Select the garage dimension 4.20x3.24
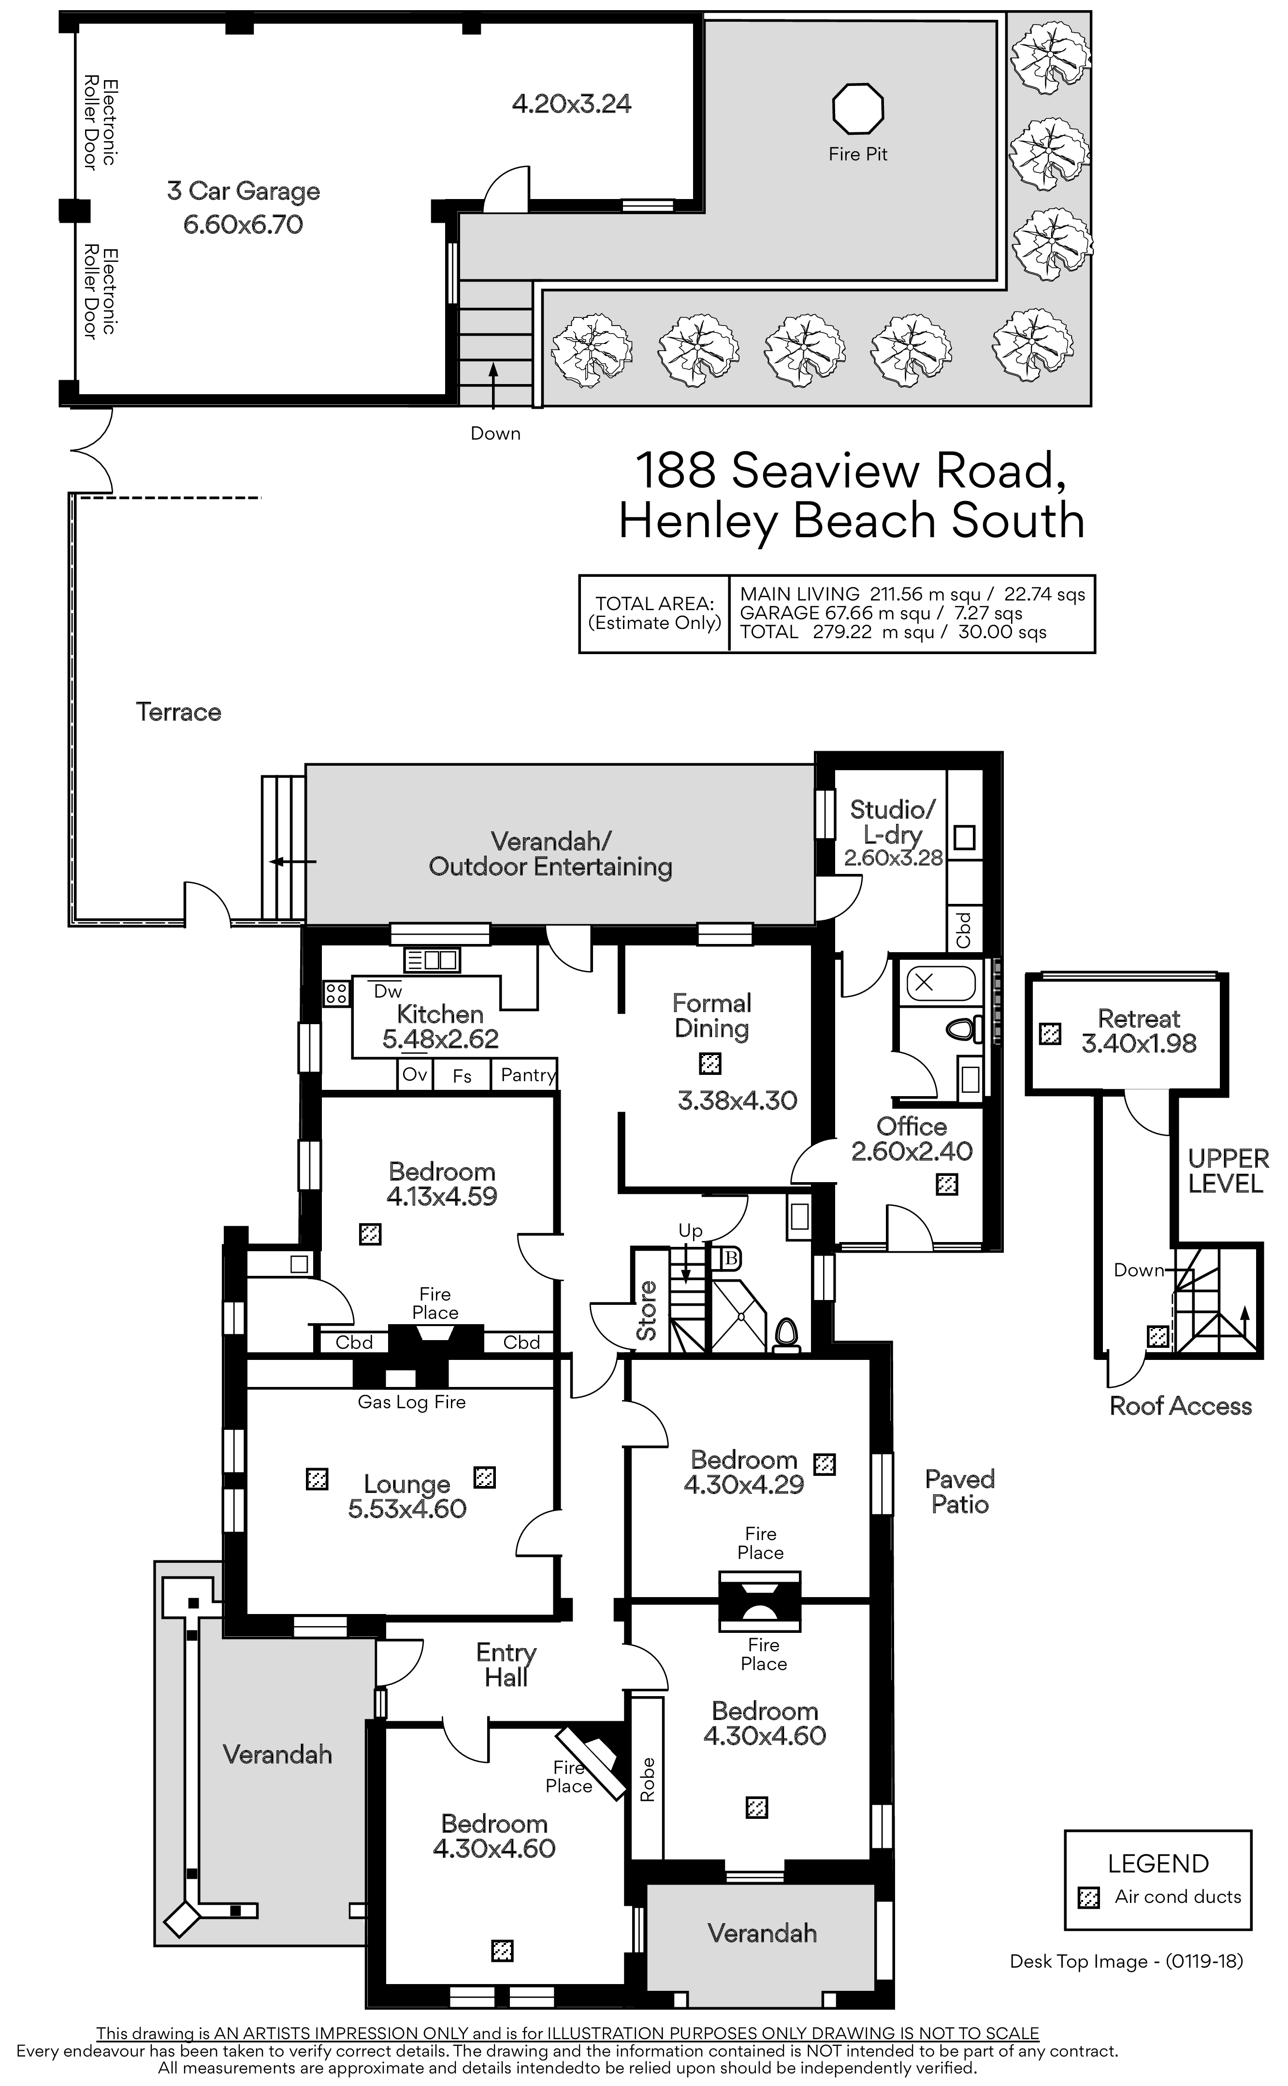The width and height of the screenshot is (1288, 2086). [572, 104]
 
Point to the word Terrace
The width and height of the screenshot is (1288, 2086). [179, 712]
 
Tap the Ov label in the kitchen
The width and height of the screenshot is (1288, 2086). [415, 1074]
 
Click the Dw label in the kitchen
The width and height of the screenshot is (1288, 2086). [388, 991]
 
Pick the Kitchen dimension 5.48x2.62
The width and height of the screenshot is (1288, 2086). [440, 1039]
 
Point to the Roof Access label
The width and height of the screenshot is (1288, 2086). [1181, 1406]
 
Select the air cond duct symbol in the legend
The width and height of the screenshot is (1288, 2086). [1089, 1898]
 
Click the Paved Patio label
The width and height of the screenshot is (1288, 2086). [960, 1492]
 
